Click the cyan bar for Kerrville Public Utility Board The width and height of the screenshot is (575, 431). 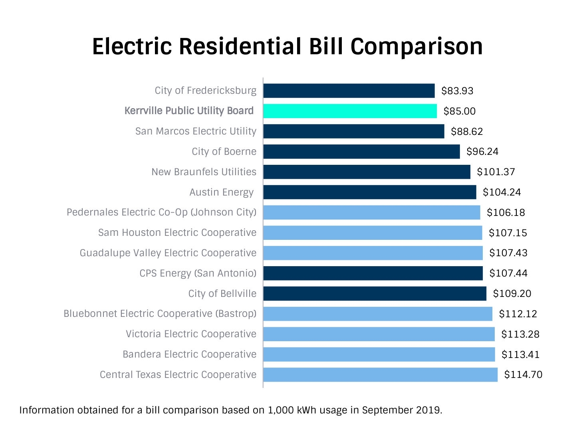[350, 111]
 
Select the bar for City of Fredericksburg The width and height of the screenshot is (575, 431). [349, 91]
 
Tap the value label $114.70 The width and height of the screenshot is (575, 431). [523, 375]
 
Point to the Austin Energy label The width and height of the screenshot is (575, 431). [221, 192]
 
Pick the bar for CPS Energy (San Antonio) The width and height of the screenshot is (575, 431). [373, 273]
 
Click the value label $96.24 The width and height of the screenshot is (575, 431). [482, 152]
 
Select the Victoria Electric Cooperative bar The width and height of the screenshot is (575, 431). [379, 334]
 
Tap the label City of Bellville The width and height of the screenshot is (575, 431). [222, 294]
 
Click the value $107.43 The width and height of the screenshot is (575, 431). [508, 253]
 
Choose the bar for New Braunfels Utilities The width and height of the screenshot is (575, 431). [367, 172]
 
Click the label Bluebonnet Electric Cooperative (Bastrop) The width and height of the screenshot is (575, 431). [160, 314]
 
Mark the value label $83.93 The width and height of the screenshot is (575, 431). [457, 91]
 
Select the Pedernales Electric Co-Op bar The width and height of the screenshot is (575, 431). [371, 212]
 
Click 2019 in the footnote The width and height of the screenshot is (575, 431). [428, 410]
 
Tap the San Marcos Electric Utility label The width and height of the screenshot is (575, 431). [196, 131]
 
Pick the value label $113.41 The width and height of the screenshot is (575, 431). [520, 354]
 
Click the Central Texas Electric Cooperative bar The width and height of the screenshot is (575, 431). [380, 375]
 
